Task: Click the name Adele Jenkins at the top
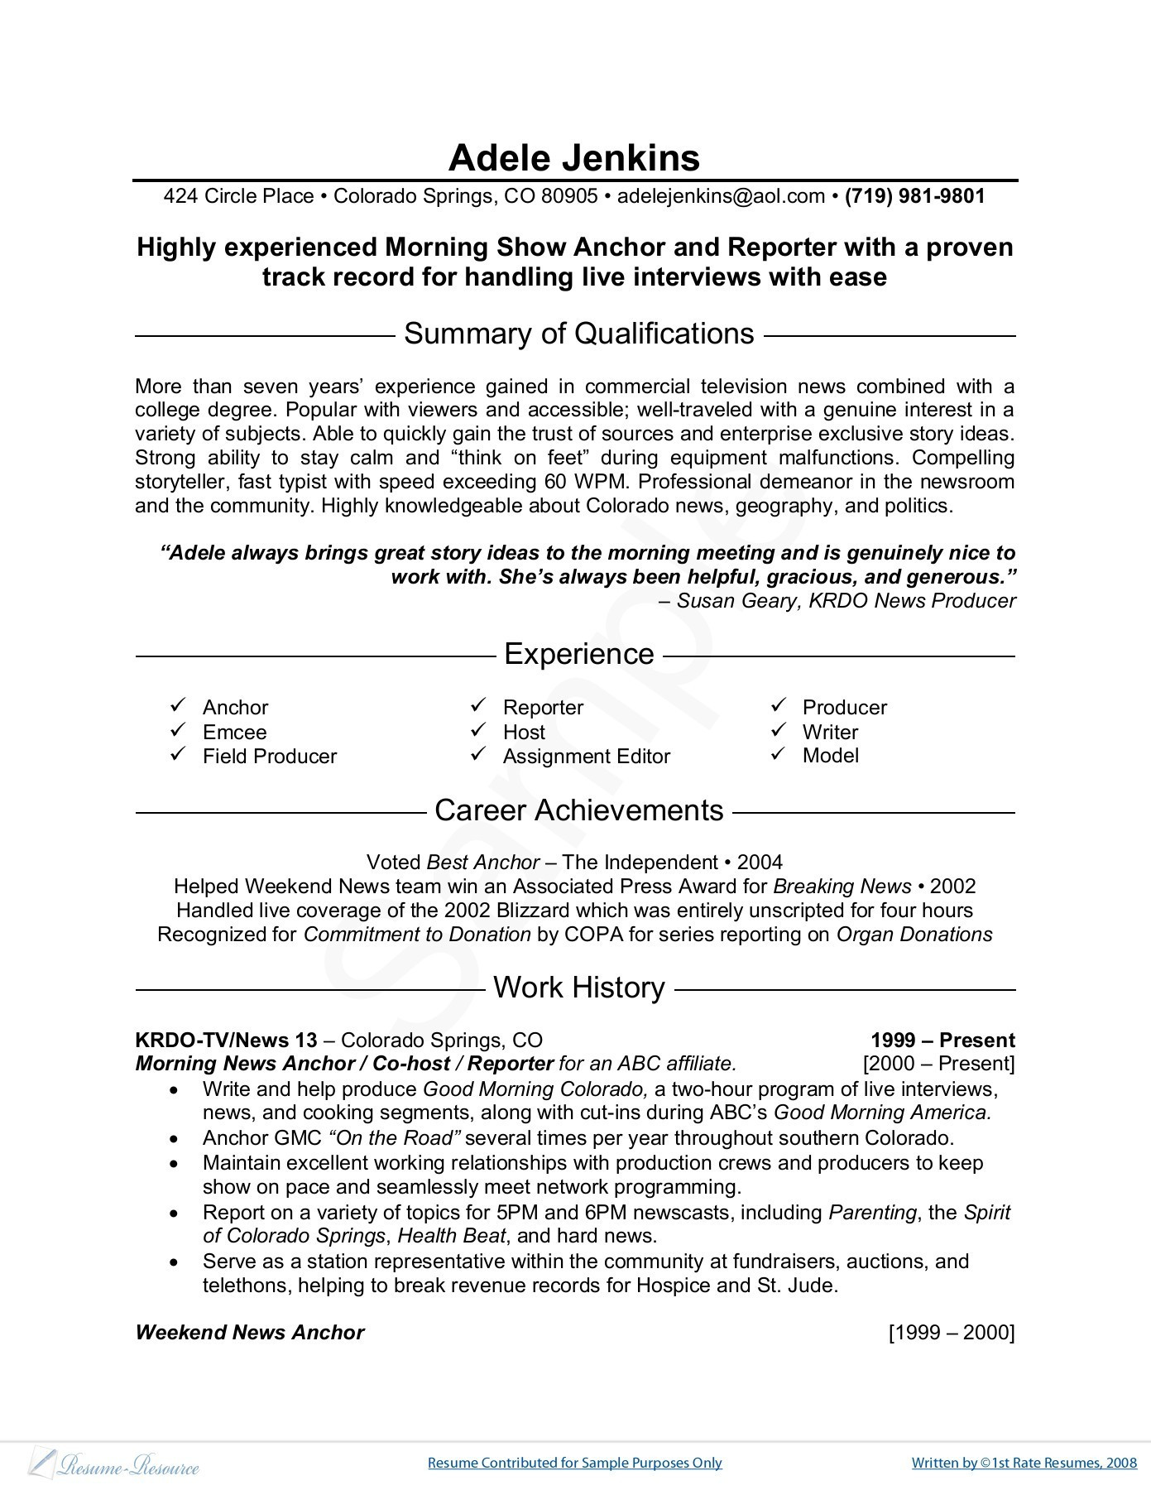point(574,158)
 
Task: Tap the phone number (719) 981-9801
point(914,196)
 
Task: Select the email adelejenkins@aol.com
point(721,196)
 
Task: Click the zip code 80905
point(569,196)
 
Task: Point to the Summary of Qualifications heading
point(578,334)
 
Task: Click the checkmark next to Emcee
point(178,730)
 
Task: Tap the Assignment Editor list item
point(586,756)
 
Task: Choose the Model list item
point(830,755)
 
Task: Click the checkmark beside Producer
point(779,705)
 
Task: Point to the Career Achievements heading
point(578,810)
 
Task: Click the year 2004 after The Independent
point(760,863)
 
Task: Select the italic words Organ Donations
point(914,935)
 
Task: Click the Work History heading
point(578,988)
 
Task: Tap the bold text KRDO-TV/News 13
point(226,1041)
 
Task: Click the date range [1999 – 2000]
point(951,1332)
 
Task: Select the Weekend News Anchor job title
point(249,1332)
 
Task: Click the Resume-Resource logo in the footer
point(115,1463)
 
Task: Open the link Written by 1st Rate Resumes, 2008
point(1024,1463)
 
